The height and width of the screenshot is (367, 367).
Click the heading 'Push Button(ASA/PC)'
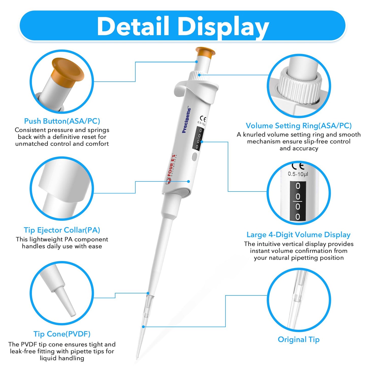pos(62,121)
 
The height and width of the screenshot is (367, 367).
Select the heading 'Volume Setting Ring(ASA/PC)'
pos(299,126)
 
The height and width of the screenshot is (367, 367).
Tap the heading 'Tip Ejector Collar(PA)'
pos(62,230)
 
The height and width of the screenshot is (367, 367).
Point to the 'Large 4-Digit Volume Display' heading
pos(299,235)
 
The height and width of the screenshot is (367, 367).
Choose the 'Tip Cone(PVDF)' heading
pos(62,334)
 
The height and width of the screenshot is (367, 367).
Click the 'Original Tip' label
pos(299,340)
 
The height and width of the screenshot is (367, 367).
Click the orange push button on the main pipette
pos(205,52)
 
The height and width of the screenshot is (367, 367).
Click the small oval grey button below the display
pos(195,156)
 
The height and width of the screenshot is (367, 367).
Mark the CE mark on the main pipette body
pos(203,119)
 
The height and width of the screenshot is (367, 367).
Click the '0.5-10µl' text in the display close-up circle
pos(298,174)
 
